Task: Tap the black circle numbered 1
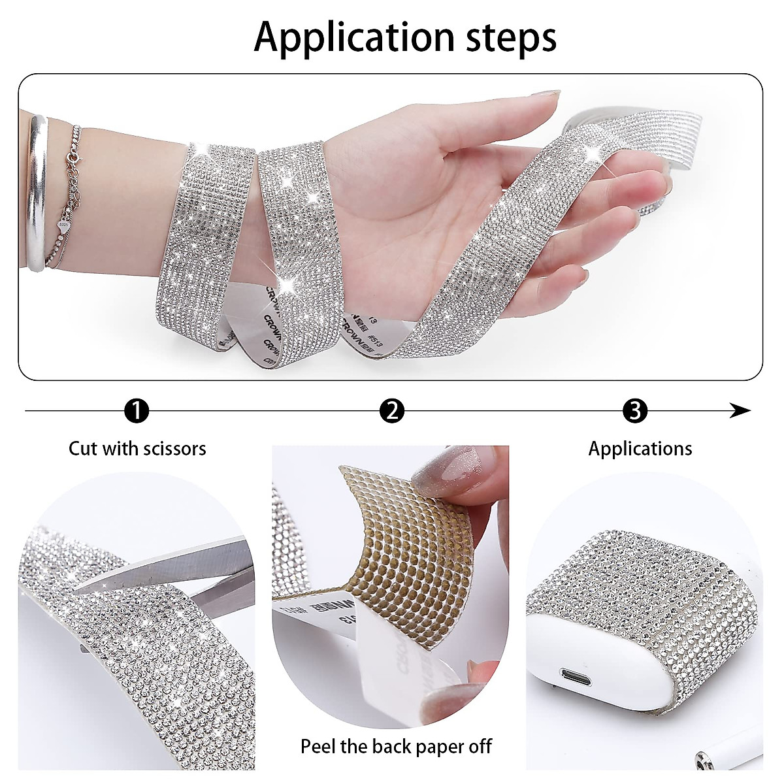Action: [x=137, y=411]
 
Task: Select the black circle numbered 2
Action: [x=392, y=411]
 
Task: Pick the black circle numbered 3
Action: [x=635, y=411]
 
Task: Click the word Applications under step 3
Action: [x=640, y=449]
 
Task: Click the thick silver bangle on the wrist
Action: [x=37, y=193]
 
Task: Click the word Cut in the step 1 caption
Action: [x=83, y=449]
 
